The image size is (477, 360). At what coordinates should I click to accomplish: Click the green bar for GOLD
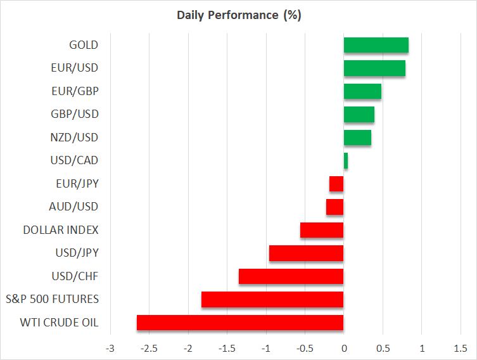tap(376, 45)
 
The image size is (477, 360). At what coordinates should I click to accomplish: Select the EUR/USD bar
tap(374, 68)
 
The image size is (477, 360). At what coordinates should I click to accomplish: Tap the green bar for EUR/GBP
tap(362, 91)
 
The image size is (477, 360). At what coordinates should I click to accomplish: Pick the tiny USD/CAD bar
tap(346, 161)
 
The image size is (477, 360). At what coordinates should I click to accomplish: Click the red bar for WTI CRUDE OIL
tap(240, 323)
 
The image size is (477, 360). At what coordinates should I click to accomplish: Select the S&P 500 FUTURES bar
tap(272, 299)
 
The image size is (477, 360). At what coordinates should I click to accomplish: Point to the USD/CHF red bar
tap(291, 276)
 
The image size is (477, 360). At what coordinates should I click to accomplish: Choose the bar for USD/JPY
tap(306, 254)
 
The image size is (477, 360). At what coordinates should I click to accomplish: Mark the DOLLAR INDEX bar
tap(322, 230)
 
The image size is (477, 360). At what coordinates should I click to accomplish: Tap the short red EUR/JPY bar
tap(336, 184)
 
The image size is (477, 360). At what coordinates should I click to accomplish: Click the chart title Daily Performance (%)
tap(238, 15)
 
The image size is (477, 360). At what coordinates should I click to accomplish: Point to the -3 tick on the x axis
tap(110, 349)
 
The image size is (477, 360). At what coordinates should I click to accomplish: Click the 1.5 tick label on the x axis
tap(461, 349)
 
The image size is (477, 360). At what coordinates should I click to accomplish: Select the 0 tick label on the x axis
tap(344, 349)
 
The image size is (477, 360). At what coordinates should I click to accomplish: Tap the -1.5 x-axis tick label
tap(226, 349)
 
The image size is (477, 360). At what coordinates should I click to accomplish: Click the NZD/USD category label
tap(75, 138)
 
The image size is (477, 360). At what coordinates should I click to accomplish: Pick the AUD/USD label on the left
tap(73, 207)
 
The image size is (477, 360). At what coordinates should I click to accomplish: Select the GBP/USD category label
tap(75, 114)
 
